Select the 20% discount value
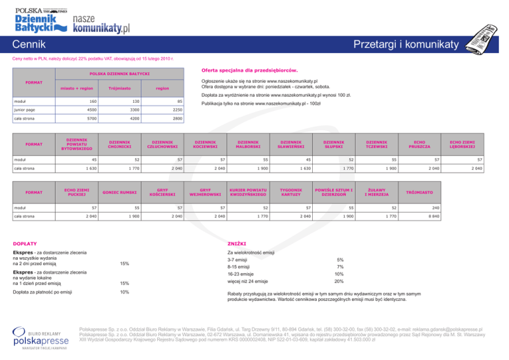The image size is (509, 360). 339,282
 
